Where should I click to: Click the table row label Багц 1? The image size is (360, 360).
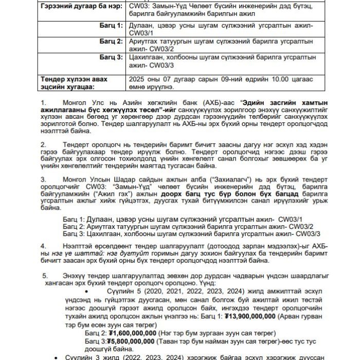(112, 25)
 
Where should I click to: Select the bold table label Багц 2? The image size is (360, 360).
(112, 41)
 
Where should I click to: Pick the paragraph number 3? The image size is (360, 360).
(43, 180)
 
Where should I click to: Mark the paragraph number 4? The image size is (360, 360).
(43, 246)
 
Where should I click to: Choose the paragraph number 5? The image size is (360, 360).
(46, 276)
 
